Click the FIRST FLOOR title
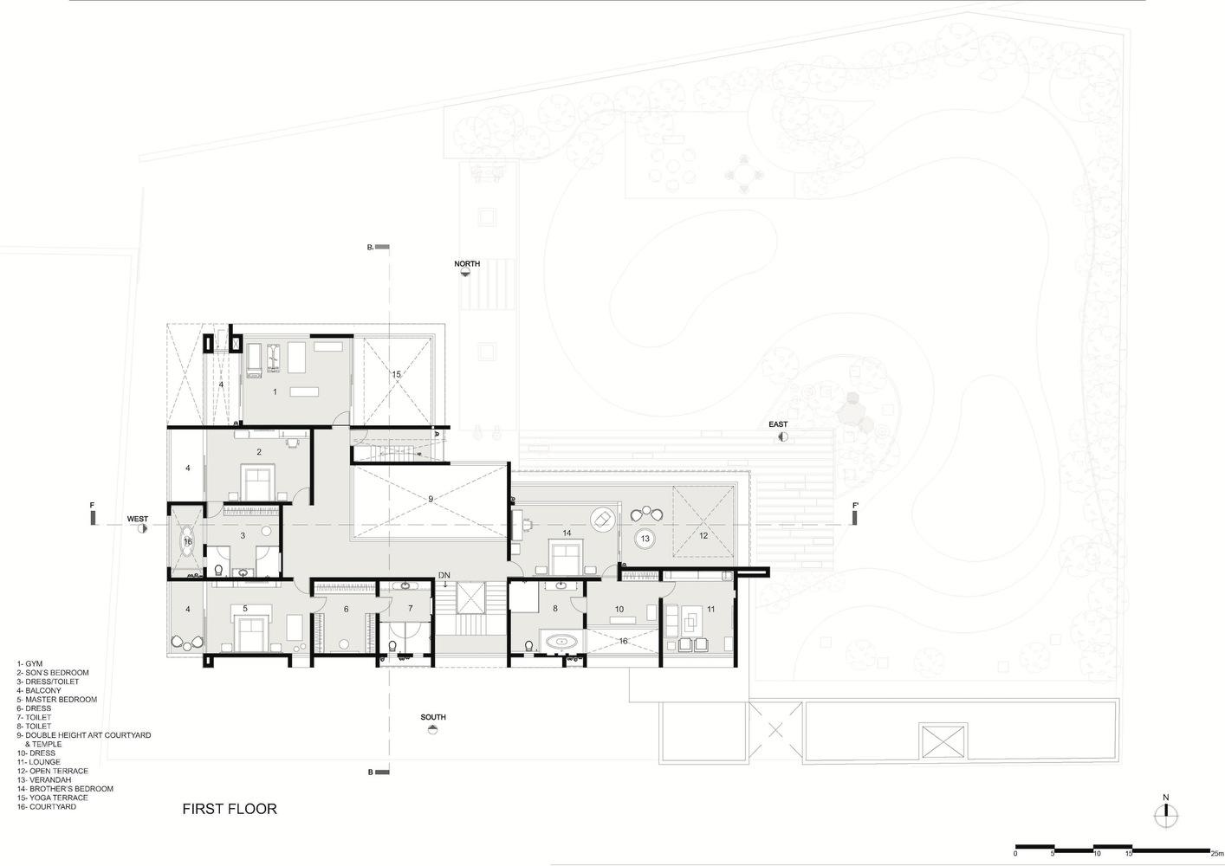click(x=230, y=809)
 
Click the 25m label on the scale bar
click(x=1217, y=853)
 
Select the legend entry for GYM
click(x=29, y=663)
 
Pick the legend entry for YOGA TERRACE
click(x=52, y=798)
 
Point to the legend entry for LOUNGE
click(x=38, y=762)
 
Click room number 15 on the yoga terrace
click(x=397, y=374)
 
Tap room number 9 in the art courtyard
click(x=431, y=499)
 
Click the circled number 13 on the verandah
click(x=645, y=539)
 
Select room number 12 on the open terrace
click(x=703, y=536)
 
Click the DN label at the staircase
click(x=444, y=575)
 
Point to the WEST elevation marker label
click(x=137, y=519)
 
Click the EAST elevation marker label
click(x=778, y=424)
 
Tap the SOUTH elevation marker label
click(x=433, y=717)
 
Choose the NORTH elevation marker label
click(x=467, y=263)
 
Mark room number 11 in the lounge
click(x=711, y=609)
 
